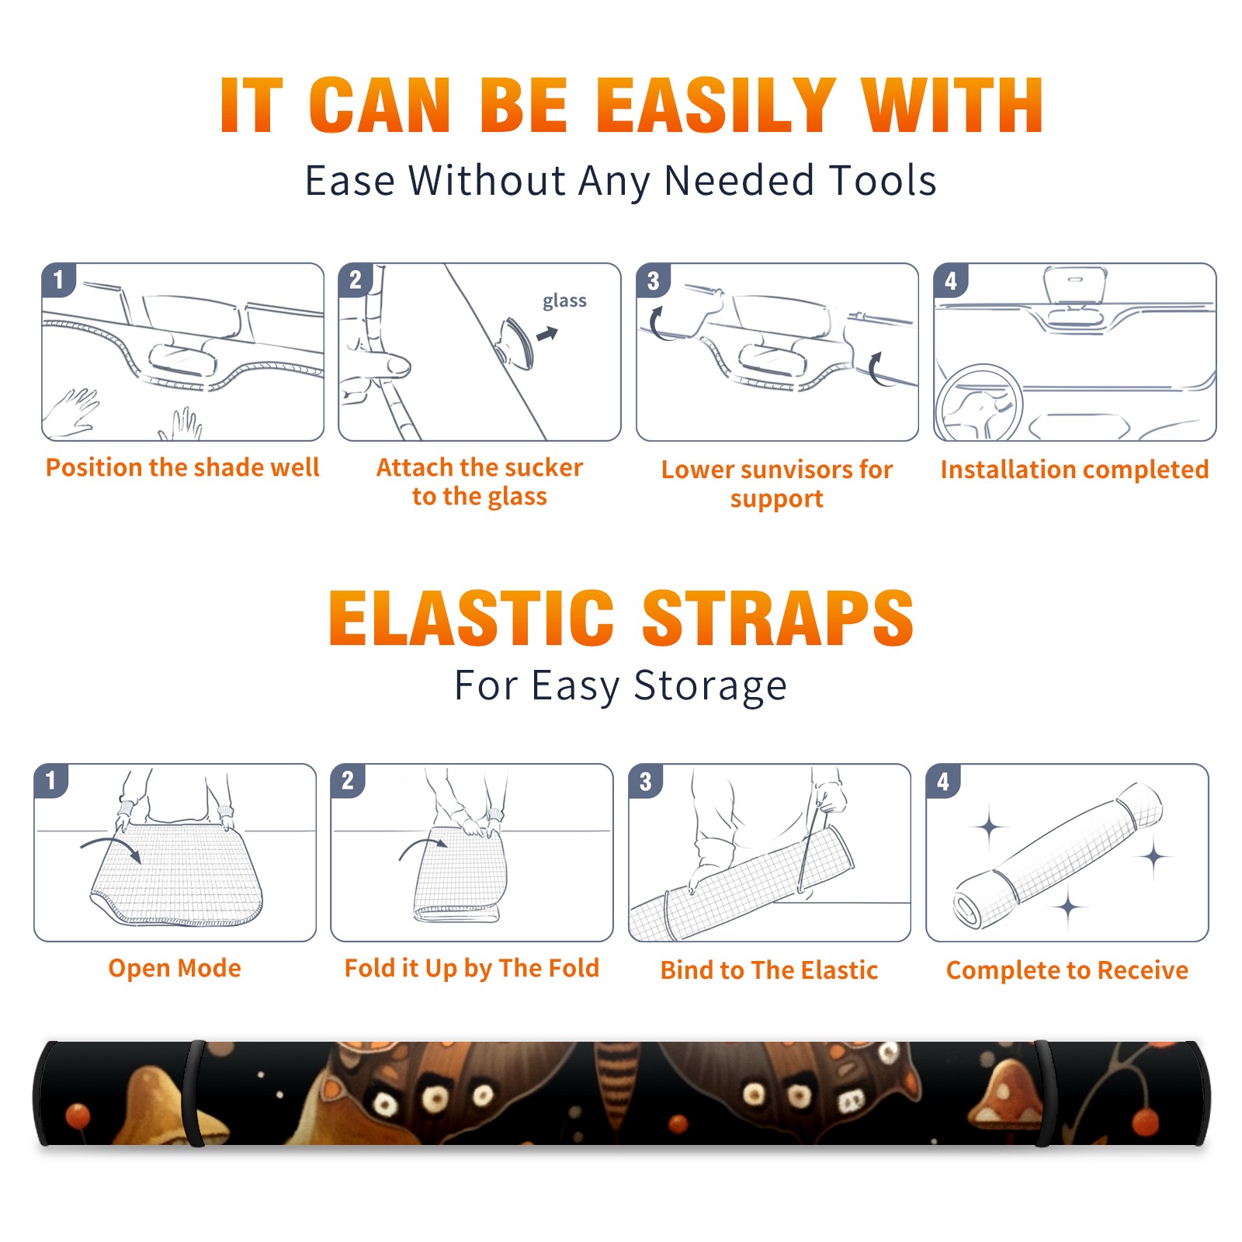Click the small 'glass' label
pos(564,301)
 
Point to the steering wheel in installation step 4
pos(979,403)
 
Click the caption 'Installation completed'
pos(1074,470)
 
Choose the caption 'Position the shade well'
pos(182,467)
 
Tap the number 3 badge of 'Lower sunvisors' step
pos(654,281)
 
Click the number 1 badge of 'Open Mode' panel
pos(51,780)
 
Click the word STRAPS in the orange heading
pos(778,618)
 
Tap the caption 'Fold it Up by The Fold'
pos(472,968)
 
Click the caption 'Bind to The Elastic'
pos(769,970)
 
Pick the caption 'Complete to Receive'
pos(1067,970)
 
